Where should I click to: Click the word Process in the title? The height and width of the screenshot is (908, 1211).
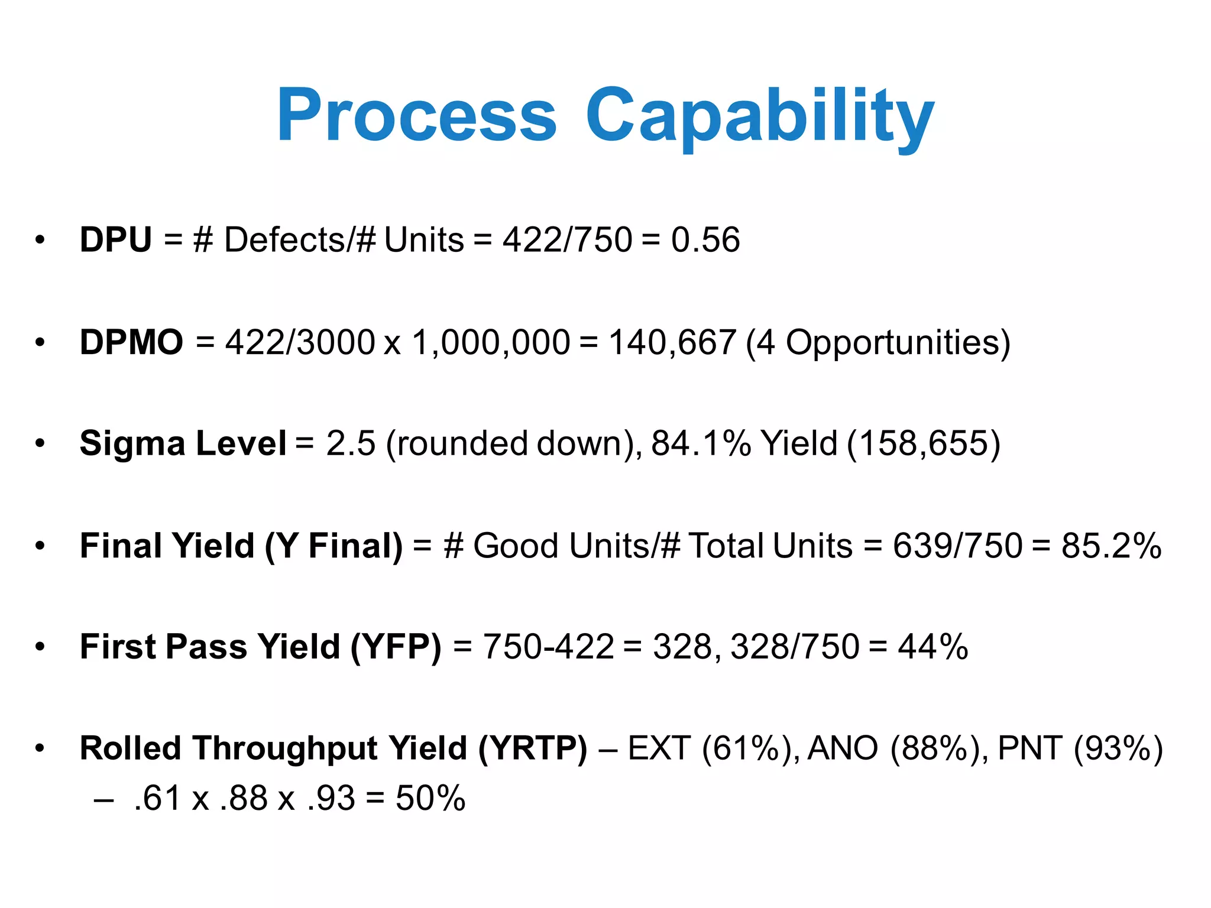[x=416, y=115]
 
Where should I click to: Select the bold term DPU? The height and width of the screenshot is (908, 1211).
[x=116, y=240]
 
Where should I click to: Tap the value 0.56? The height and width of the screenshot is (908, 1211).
[x=705, y=240]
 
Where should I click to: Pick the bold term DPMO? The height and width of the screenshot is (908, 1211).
[x=131, y=342]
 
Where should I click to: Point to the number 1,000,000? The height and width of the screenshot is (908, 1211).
[x=491, y=342]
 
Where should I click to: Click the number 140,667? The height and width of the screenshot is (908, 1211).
[x=672, y=342]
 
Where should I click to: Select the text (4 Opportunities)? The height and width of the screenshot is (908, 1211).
[x=878, y=342]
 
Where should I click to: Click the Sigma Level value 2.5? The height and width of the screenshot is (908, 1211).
[x=351, y=443]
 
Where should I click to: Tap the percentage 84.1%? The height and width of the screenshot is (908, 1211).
[x=701, y=443]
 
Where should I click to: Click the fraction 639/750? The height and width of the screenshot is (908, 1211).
[x=957, y=545]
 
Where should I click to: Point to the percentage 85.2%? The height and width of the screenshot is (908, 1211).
[x=1111, y=545]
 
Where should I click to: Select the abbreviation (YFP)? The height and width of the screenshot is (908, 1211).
[x=396, y=647]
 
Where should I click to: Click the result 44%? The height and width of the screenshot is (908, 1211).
[x=932, y=647]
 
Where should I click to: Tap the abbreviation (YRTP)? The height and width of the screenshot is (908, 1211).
[x=533, y=748]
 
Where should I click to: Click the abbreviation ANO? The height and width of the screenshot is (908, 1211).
[x=843, y=748]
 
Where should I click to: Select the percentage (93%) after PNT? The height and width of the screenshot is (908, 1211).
[x=1118, y=748]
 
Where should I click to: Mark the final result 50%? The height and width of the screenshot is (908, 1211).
[x=430, y=798]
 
